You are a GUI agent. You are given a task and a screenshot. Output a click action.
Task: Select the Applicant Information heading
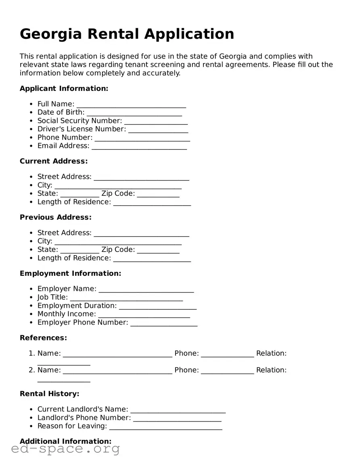pos(64,88)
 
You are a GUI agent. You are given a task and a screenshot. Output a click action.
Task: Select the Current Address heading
pos(54,161)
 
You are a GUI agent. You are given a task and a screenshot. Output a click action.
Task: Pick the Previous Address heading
pos(56,217)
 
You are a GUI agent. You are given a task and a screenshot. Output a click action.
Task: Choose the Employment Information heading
pos(70,273)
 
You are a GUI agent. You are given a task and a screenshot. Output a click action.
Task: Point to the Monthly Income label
pos(67,314)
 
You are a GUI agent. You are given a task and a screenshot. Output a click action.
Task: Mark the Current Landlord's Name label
pos(83,409)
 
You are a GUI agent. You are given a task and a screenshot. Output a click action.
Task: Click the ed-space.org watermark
pos(65,449)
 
